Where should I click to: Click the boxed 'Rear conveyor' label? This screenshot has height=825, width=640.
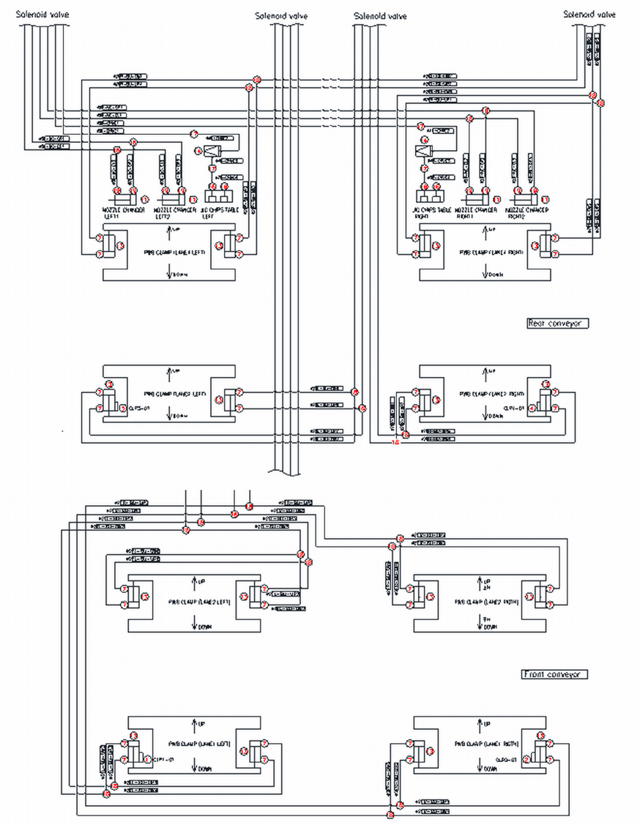(x=557, y=323)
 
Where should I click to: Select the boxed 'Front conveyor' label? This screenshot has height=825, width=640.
(x=555, y=674)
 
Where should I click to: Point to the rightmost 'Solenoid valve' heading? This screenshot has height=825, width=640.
(x=590, y=15)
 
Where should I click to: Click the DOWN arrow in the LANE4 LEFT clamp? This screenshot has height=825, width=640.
(x=171, y=274)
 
